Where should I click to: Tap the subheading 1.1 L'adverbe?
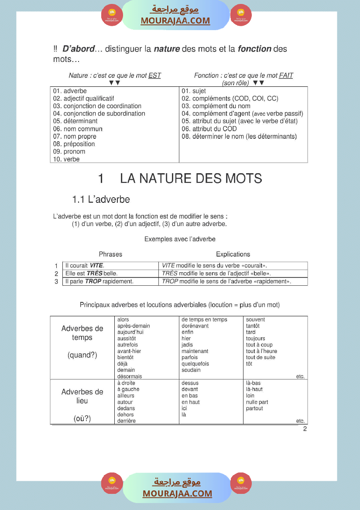[101, 200]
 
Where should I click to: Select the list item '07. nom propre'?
[75, 137]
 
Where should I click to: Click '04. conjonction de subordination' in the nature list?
[99, 113]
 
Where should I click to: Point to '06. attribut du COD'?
[209, 129]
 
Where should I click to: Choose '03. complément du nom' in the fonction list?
[216, 106]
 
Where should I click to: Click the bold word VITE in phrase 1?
[96, 266]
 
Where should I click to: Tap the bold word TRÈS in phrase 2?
[94, 274]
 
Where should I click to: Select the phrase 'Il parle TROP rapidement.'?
[99, 281]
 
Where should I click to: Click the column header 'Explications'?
[233, 254]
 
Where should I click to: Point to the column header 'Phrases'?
[110, 254]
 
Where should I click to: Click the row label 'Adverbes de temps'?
[82, 333]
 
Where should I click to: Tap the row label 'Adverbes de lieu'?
[82, 396]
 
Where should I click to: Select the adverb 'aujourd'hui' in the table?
[130, 332]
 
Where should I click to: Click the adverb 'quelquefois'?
[195, 364]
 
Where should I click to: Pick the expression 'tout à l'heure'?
[261, 351]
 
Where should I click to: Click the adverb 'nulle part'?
[257, 402]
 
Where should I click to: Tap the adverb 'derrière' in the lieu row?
[126, 421]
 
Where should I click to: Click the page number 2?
[305, 429]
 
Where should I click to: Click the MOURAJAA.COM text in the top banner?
[175, 21]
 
